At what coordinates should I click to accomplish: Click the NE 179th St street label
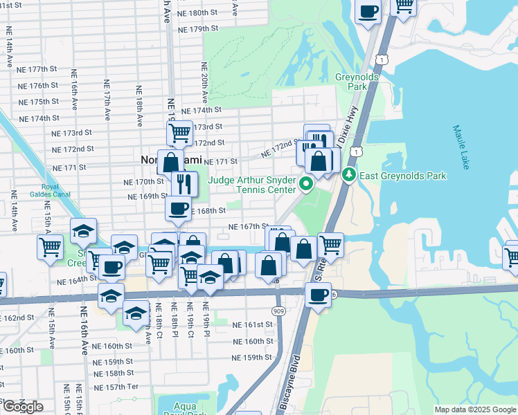197,30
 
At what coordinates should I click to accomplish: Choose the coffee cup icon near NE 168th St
178,209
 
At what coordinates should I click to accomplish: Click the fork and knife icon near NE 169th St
184,183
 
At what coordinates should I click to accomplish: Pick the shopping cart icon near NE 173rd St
179,132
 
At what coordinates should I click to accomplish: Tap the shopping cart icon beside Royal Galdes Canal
50,246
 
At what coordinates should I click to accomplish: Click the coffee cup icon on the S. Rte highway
318,295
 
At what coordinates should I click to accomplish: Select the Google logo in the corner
23,406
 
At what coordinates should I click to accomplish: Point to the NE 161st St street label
251,324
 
